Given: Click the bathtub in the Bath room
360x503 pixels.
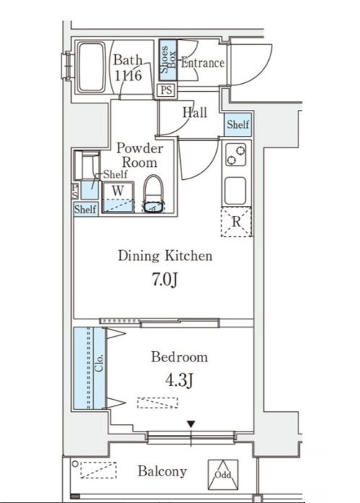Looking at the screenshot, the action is point(92,67).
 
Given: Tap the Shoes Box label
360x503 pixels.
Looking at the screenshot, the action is point(168,60).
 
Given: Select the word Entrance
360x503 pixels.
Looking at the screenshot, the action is point(202,63).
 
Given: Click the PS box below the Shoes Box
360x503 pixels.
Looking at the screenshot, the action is point(166,90).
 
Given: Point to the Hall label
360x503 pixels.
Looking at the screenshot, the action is point(194,112).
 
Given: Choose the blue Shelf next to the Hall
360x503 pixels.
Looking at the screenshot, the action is point(238,124).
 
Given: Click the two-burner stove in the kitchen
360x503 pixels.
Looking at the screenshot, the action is point(236,155).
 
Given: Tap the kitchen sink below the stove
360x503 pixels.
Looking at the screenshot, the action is point(235,191).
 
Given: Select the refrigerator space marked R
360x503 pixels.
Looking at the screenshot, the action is point(236,222).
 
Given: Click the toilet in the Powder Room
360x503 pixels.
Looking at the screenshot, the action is point(153,194).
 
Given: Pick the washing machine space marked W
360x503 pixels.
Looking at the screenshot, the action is point(118,197).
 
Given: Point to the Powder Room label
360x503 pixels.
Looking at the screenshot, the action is point(140,155).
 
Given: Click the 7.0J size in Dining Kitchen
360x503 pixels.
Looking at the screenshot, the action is point(165,280).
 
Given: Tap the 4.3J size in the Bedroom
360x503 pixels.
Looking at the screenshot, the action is point(179,381).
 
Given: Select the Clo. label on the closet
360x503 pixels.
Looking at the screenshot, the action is point(99,363).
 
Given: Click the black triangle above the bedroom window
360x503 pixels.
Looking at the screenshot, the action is point(191,424).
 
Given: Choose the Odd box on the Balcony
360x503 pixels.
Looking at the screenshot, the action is point(223,475).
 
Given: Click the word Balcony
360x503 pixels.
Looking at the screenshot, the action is point(162,471).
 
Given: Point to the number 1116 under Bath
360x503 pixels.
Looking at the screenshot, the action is point(128,75).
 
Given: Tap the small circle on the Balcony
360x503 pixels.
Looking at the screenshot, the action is point(75,464).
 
